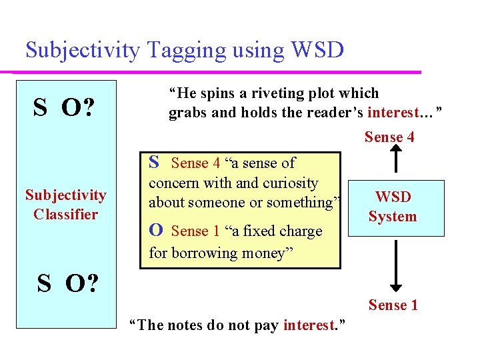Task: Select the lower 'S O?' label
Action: (x=67, y=283)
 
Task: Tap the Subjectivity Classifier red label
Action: (x=65, y=205)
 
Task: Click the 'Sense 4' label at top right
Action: (x=389, y=137)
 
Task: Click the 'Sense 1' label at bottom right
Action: (x=393, y=305)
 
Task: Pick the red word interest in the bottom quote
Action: (x=308, y=325)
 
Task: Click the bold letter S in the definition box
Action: (x=154, y=162)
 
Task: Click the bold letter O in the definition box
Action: (x=156, y=230)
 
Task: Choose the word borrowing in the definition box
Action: (x=203, y=253)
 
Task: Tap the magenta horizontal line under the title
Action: (x=220, y=71)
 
